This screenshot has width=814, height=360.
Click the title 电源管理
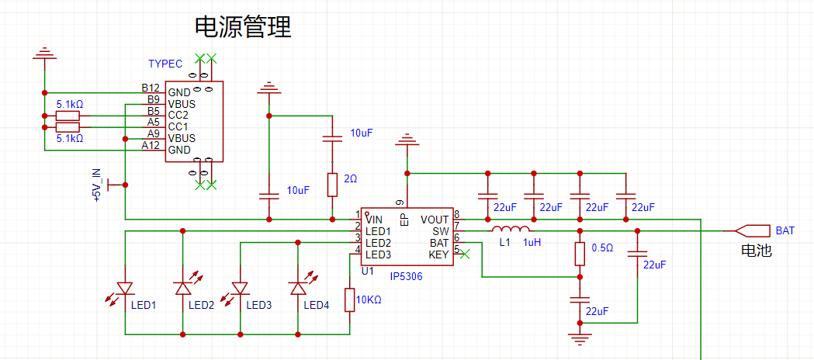[243, 28]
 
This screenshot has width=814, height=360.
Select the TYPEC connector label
[165, 64]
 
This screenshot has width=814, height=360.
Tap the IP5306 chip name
[406, 276]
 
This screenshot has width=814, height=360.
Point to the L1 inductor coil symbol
[511, 230]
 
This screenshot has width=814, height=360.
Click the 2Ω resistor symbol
[332, 185]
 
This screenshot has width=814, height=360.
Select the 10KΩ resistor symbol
[348, 299]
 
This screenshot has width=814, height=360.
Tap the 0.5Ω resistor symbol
[579, 254]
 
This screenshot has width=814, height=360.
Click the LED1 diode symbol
[125, 289]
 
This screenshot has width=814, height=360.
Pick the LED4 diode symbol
[297, 289]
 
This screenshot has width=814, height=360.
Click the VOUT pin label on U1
[435, 220]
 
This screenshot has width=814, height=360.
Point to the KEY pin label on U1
[438, 254]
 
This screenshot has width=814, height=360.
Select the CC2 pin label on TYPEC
[178, 115]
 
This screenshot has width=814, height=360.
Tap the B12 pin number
[150, 88]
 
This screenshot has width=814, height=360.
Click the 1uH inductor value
[532, 243]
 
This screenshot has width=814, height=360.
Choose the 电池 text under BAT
[757, 251]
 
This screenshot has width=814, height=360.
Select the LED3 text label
[258, 305]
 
